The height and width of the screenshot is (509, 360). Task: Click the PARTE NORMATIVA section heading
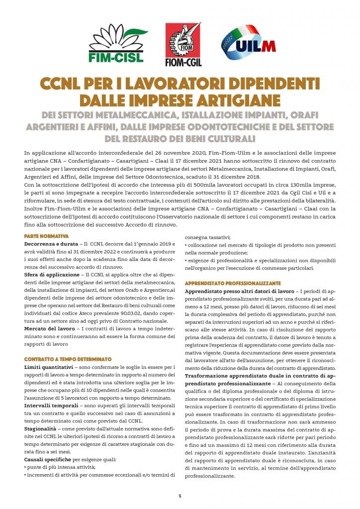(46, 236)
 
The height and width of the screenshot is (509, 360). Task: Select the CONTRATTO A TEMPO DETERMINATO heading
(68, 359)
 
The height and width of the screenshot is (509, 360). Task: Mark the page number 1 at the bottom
(180, 496)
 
